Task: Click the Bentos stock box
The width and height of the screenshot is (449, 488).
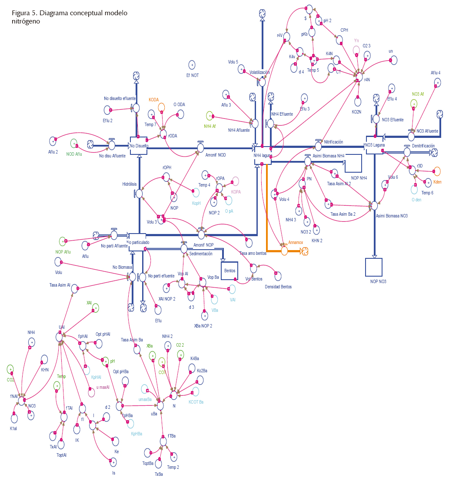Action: tap(229, 271)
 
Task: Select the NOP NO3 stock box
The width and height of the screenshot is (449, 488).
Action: tap(374, 267)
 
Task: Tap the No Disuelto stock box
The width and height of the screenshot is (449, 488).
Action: tap(139, 146)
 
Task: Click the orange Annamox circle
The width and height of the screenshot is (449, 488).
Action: tap(284, 251)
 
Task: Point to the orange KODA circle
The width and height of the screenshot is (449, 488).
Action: tap(161, 107)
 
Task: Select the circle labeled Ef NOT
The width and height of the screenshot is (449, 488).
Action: tap(192, 65)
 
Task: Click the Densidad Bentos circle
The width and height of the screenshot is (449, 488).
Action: tap(278, 276)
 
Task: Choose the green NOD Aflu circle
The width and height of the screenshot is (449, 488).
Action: tap(74, 144)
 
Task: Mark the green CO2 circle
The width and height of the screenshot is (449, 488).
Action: tap(10, 369)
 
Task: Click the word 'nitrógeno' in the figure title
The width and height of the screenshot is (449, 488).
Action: tap(26, 21)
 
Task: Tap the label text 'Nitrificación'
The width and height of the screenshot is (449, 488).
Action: tap(333, 142)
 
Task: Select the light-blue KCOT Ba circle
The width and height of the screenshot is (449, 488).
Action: tap(196, 391)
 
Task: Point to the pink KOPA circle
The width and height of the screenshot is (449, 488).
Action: tap(235, 181)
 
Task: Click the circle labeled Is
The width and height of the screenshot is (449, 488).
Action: tap(113, 462)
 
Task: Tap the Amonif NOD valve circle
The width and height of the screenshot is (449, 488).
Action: tap(200, 148)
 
